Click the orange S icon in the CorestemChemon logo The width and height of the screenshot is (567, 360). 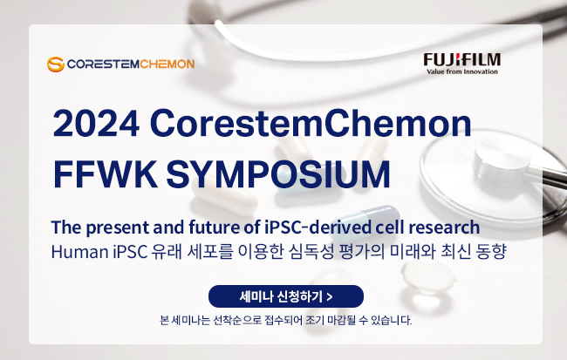click(x=56, y=64)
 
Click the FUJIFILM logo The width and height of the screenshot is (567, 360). click(x=462, y=64)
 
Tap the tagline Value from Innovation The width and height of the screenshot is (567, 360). click(x=462, y=71)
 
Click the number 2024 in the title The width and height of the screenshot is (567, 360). click(x=96, y=123)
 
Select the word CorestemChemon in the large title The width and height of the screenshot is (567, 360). click(x=311, y=123)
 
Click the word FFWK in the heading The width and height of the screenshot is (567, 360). click(x=106, y=173)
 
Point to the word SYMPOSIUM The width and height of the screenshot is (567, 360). click(x=278, y=173)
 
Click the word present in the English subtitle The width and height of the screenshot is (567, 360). click(x=118, y=228)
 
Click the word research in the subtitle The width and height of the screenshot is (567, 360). click(x=444, y=228)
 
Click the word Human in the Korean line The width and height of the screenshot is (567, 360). click(x=80, y=252)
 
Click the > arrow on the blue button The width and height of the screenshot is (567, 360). click(x=329, y=297)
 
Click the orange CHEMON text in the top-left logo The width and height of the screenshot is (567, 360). click(x=167, y=64)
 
